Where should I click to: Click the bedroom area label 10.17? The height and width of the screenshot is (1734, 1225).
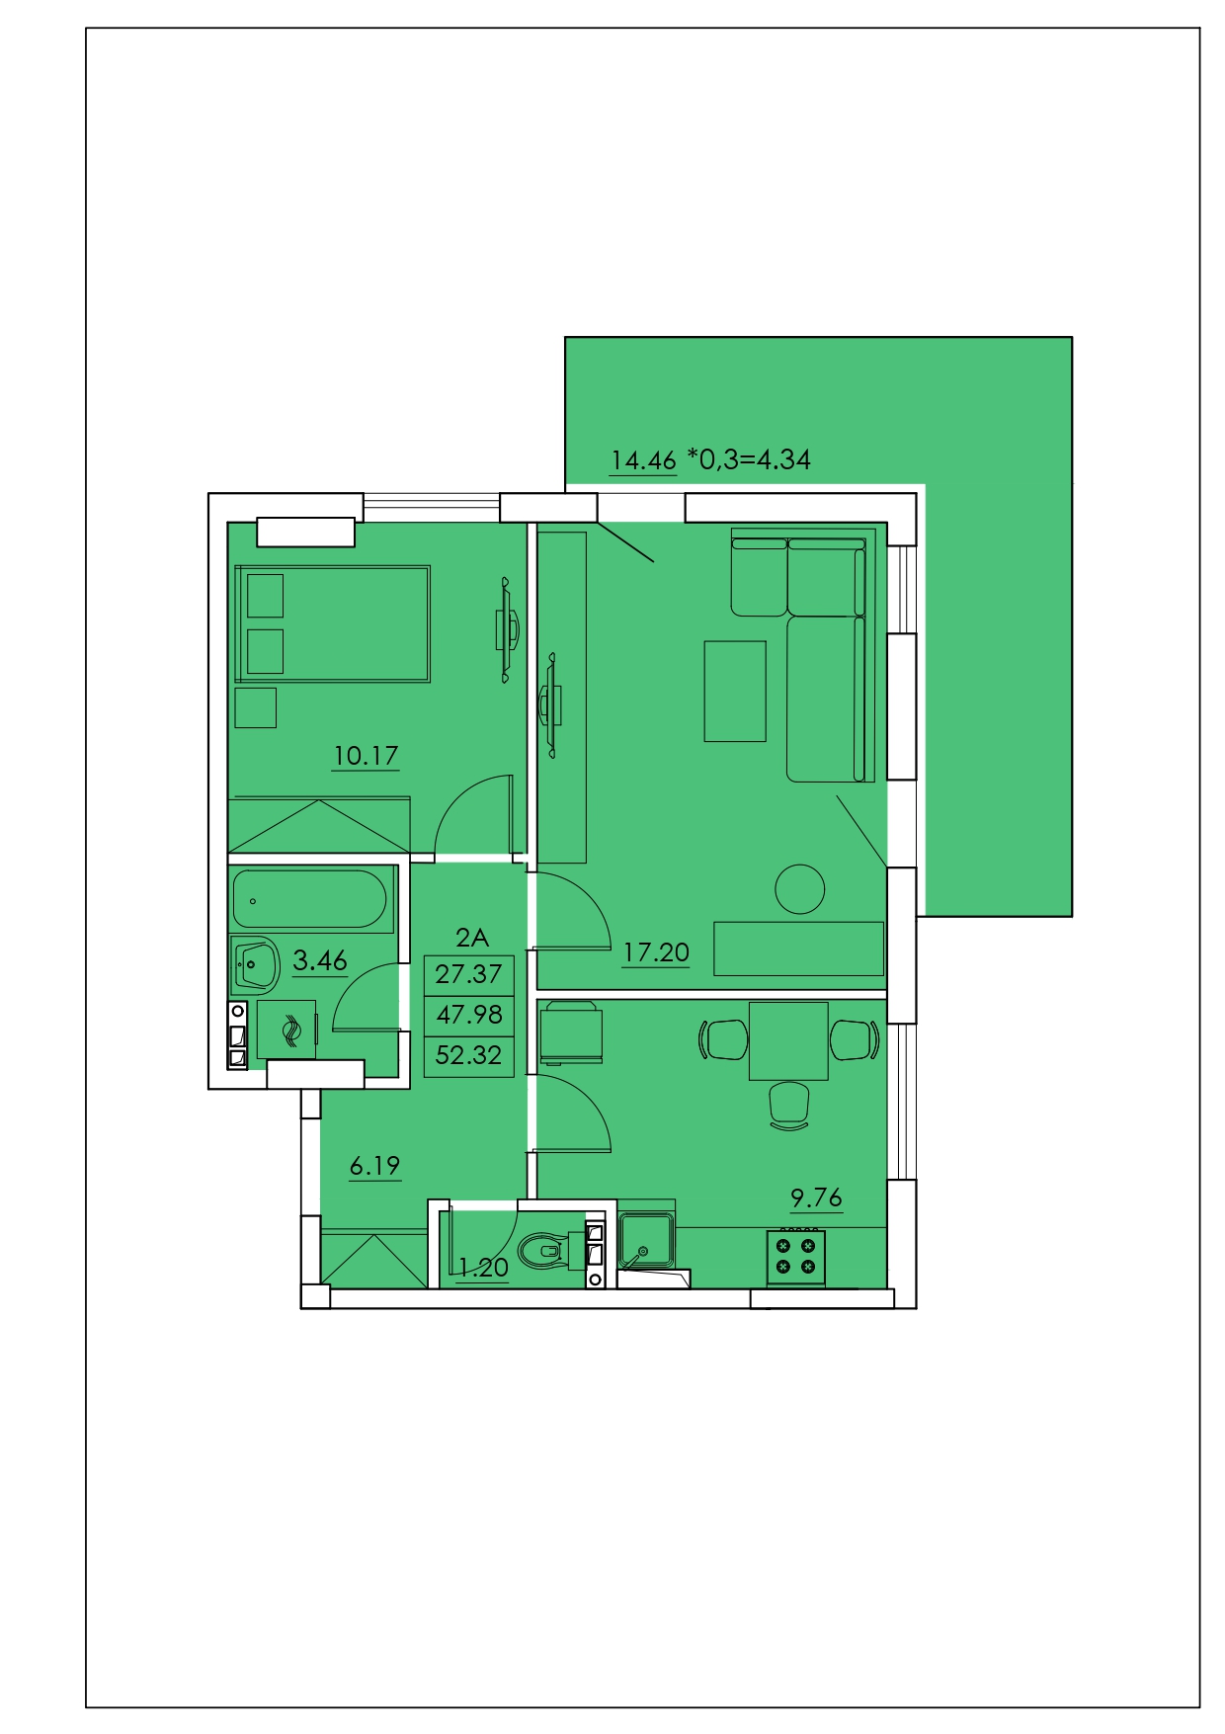tap(366, 756)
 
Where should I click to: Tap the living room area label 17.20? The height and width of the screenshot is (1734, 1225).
tap(656, 952)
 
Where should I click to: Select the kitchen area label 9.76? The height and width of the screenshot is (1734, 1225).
tap(816, 1197)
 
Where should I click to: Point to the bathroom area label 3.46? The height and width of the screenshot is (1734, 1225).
tap(320, 960)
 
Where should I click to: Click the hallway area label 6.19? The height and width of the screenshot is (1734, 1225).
tap(375, 1166)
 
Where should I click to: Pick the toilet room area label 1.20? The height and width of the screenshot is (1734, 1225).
tap(483, 1268)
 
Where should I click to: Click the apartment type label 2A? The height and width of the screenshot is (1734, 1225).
tap(472, 938)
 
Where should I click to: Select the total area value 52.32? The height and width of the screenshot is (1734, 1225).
tap(468, 1055)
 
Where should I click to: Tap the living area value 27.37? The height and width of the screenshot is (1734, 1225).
tap(468, 974)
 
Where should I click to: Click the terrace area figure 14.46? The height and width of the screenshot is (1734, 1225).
tap(643, 460)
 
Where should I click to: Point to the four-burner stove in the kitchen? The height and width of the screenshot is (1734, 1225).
tap(796, 1258)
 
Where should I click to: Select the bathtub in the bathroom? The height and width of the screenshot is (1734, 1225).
tap(310, 899)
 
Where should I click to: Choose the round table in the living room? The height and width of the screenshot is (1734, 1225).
tap(800, 889)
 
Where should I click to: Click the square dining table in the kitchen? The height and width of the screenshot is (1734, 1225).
tap(788, 1040)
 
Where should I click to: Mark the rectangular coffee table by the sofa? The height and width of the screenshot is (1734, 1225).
tap(735, 692)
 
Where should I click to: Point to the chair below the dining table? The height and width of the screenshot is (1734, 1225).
tap(789, 1106)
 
